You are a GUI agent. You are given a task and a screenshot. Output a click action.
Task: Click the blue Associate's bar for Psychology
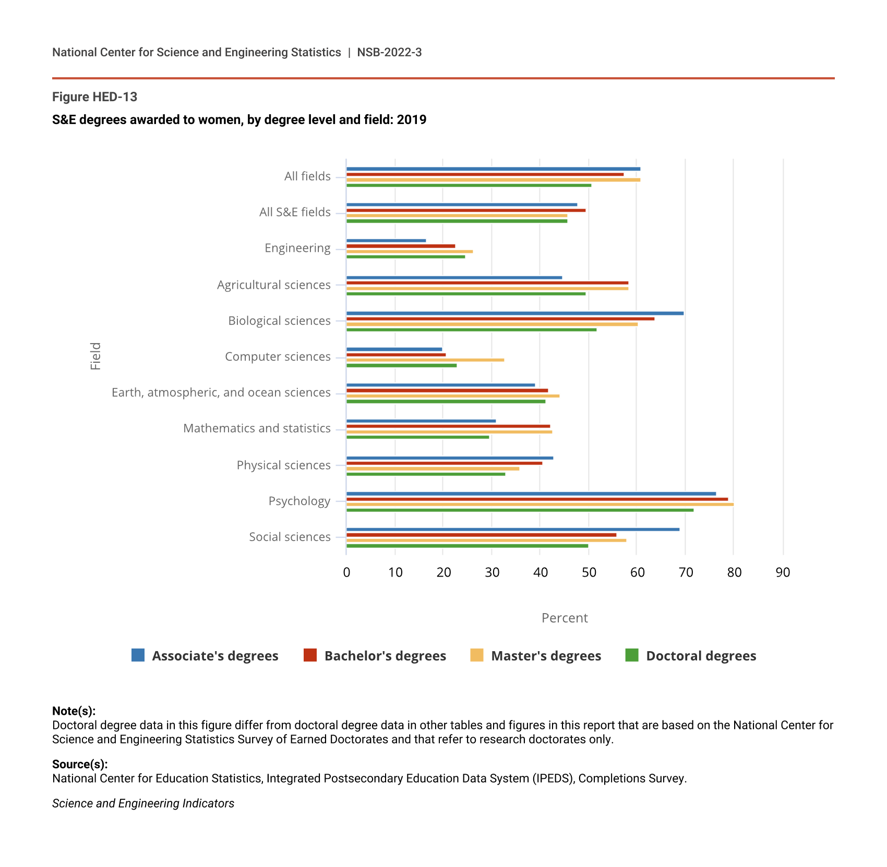coord(531,494)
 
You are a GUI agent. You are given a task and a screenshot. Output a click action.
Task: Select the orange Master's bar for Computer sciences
coord(425,360)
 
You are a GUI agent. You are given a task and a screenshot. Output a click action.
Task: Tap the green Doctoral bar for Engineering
coord(405,257)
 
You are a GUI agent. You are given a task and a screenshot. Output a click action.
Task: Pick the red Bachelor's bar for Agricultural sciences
coord(487,283)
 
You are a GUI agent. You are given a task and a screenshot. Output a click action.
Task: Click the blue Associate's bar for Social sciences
coord(512,529)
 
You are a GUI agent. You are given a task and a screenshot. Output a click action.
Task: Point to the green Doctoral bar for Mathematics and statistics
coord(417,437)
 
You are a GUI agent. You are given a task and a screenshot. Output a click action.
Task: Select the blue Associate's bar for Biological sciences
coord(514,313)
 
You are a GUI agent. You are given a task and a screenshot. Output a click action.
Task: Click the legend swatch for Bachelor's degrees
coord(310,655)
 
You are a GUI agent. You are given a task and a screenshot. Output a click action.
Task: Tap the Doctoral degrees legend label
coord(701,656)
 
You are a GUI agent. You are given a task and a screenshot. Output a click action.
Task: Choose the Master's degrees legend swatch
coord(476,655)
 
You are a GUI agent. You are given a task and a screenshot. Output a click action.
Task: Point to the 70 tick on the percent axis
coord(686,572)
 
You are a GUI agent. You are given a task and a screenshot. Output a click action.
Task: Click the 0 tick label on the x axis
coord(346,572)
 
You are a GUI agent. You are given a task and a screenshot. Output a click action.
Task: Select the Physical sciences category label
coord(283,465)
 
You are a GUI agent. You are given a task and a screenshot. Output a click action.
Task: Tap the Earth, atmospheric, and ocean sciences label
coord(221,392)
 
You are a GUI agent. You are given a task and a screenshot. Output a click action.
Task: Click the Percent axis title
coord(565,618)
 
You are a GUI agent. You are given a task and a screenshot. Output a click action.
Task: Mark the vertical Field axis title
coord(95,356)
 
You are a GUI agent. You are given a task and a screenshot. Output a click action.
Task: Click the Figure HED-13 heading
coord(94,97)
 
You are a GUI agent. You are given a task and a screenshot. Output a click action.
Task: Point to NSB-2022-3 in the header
coord(389,52)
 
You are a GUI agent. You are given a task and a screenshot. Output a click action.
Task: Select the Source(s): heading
coord(80,764)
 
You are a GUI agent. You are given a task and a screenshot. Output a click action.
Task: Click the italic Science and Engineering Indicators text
coord(143,803)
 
